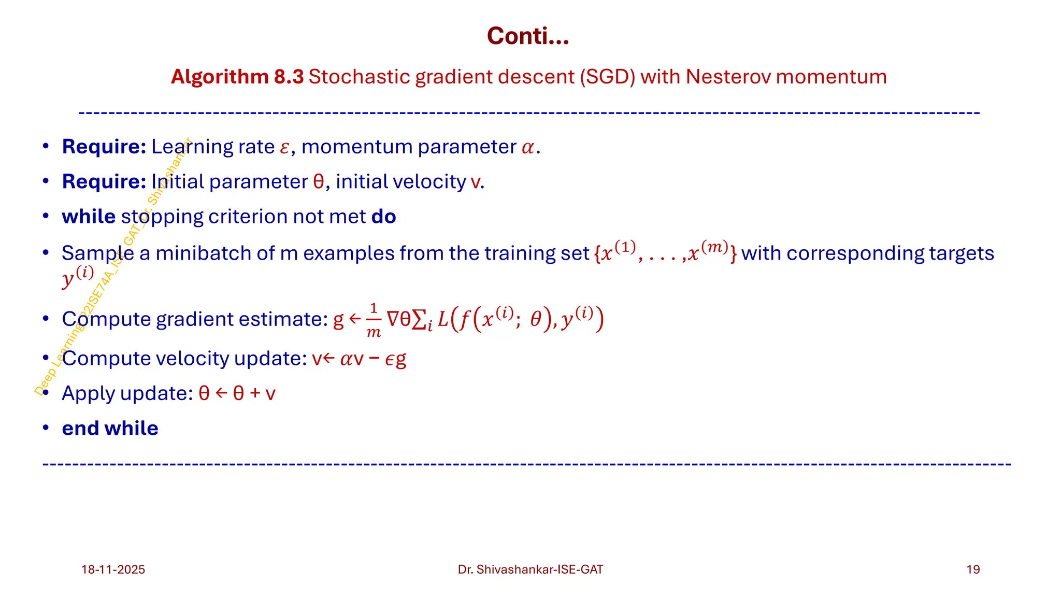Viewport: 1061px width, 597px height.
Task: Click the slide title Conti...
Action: point(527,36)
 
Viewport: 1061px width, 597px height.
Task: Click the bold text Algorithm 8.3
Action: point(237,77)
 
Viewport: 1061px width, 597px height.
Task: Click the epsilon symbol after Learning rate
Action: point(284,148)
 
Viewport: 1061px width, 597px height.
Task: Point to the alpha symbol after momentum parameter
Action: point(528,148)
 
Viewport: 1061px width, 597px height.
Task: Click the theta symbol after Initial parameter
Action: point(319,182)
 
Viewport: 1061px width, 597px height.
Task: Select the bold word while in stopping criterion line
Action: point(89,217)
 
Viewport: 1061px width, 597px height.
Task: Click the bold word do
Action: point(383,217)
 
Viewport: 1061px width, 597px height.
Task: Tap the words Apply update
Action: point(127,393)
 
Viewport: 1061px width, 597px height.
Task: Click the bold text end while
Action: point(110,429)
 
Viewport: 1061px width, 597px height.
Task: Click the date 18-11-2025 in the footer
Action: point(113,570)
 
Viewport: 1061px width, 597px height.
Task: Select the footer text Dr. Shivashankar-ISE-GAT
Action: point(530,570)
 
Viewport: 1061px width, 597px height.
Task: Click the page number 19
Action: point(973,570)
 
